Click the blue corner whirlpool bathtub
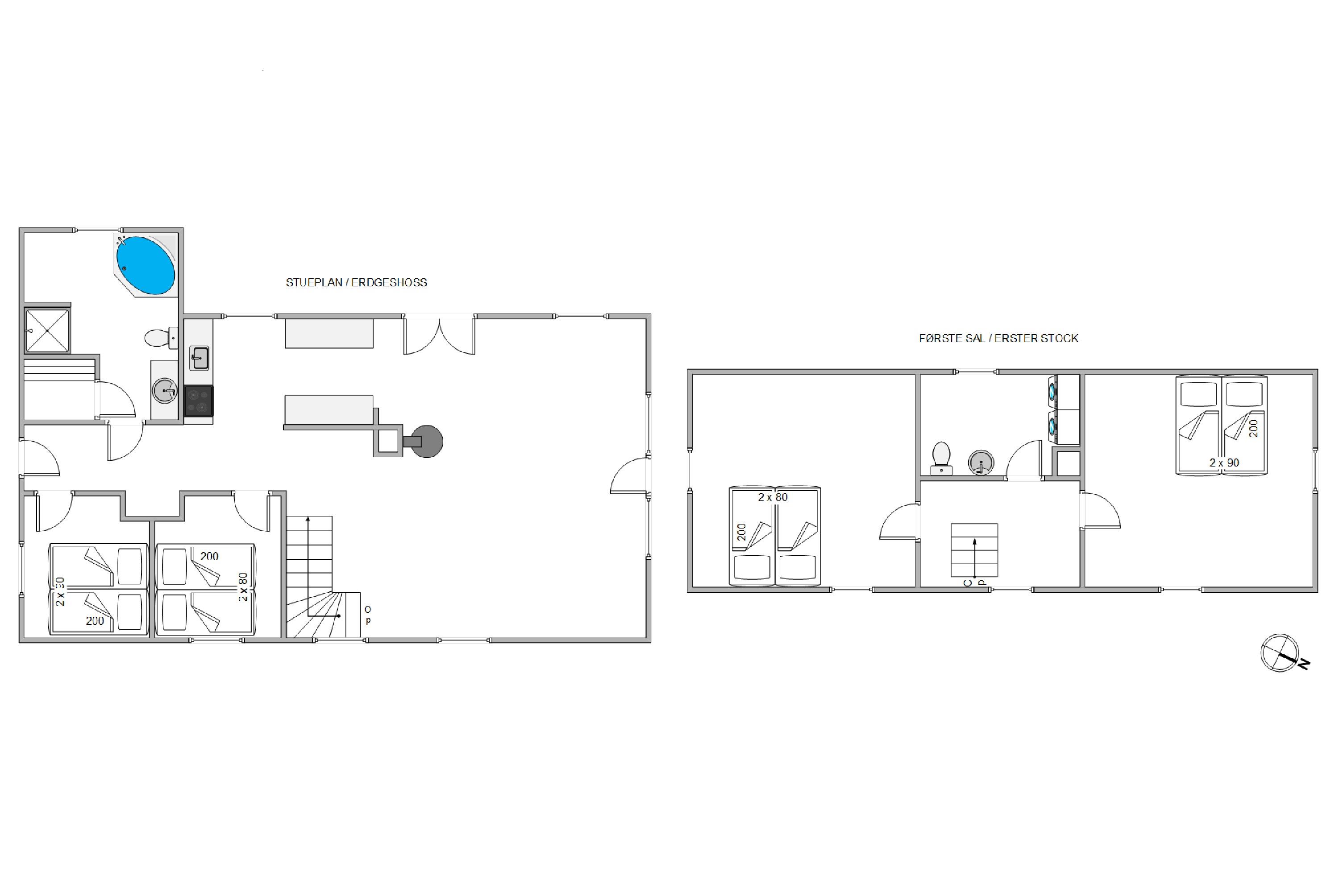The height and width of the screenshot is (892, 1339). (x=146, y=265)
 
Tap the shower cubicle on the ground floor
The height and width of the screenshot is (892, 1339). (x=47, y=330)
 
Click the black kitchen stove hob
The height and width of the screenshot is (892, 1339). (x=199, y=401)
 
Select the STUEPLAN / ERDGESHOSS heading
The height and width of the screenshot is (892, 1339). (x=356, y=283)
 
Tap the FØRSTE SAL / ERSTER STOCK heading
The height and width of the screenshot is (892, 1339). (x=998, y=339)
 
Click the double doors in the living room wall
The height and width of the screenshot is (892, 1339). (x=439, y=336)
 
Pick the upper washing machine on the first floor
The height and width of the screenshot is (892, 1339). (x=1064, y=392)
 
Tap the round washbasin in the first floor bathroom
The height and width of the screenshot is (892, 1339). (x=981, y=463)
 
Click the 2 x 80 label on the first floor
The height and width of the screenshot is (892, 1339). (x=773, y=497)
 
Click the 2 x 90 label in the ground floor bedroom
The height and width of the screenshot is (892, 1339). (x=60, y=592)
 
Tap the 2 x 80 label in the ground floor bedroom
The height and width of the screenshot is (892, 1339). (x=243, y=587)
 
